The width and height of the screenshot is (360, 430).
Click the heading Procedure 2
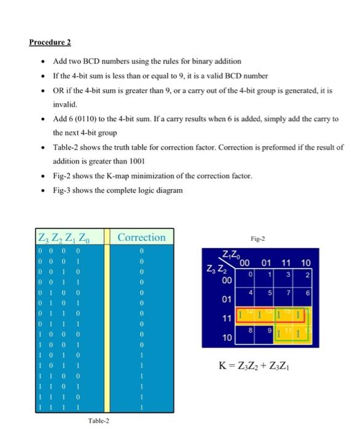pos(50,42)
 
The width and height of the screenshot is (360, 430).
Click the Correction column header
pos(141,237)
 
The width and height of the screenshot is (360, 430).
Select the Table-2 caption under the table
pos(100,420)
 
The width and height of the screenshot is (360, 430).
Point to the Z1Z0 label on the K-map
pos(231,256)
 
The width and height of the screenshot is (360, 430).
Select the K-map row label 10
pos(227,338)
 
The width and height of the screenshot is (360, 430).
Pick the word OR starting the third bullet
pos(60,90)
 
